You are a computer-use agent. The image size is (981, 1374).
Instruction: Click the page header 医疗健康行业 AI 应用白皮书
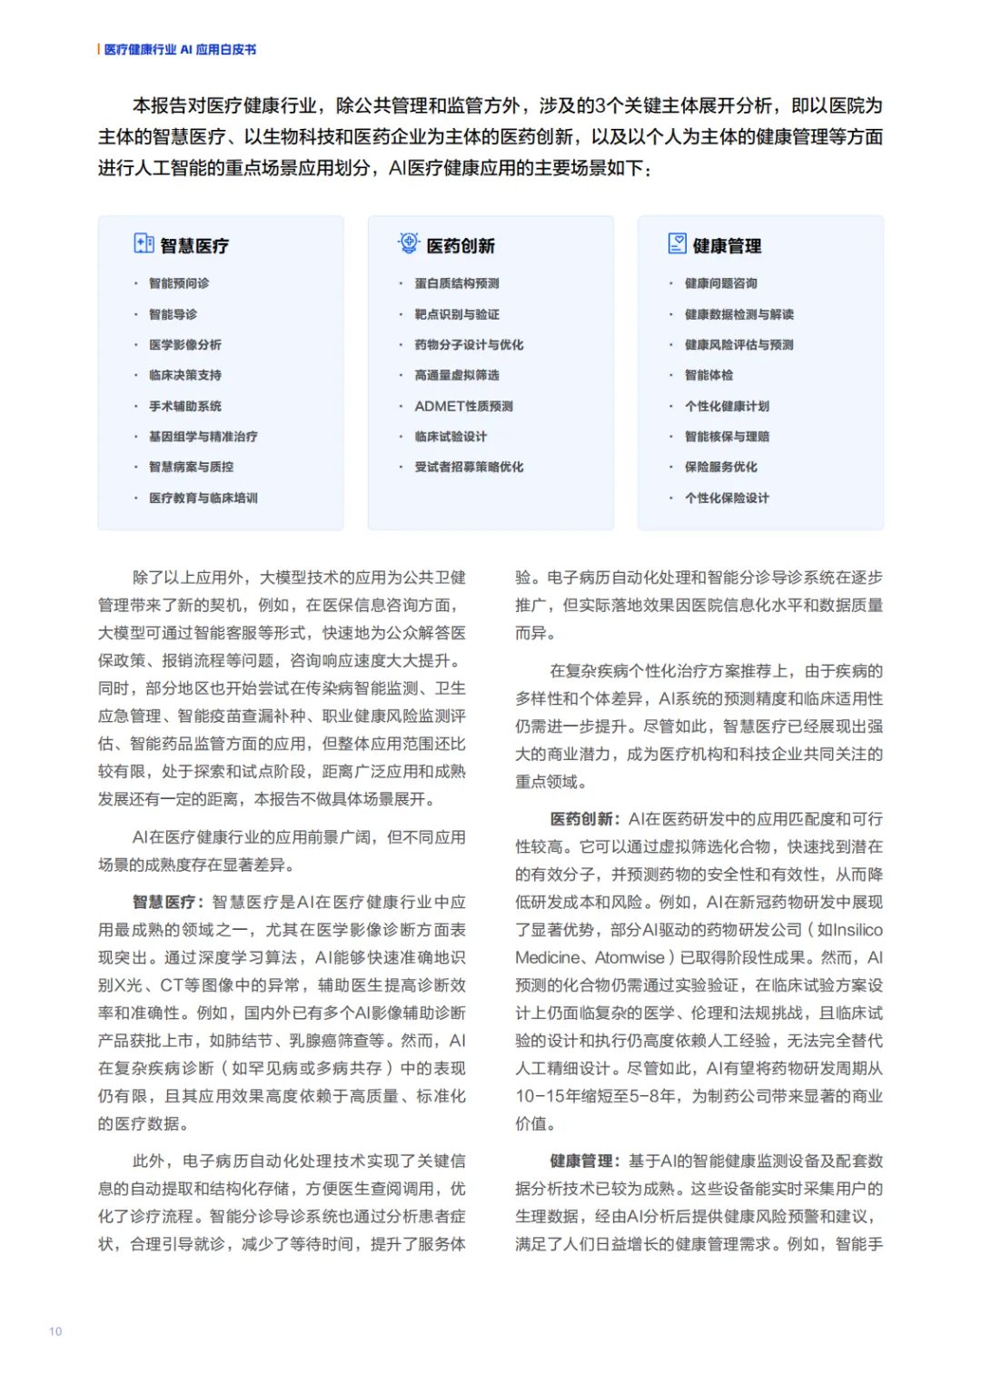[180, 50]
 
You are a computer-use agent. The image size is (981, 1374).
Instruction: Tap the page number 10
[55, 1331]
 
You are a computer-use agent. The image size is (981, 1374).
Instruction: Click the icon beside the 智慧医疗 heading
[144, 243]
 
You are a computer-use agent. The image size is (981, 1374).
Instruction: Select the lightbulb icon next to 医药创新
[409, 243]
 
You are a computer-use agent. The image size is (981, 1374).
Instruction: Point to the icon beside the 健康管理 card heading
[678, 243]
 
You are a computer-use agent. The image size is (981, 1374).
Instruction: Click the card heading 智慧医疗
[194, 246]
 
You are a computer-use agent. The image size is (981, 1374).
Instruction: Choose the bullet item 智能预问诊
[179, 283]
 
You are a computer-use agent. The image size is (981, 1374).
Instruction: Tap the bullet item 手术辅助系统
[185, 406]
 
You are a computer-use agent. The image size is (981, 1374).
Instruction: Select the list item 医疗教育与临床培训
[203, 498]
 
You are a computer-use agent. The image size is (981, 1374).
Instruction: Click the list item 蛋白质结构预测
[457, 283]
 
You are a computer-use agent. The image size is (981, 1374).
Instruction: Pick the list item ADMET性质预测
[463, 406]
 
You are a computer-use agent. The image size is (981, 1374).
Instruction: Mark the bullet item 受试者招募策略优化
[469, 467]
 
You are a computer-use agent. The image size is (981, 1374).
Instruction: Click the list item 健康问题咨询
[721, 283]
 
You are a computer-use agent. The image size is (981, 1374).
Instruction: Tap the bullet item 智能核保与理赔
[727, 437]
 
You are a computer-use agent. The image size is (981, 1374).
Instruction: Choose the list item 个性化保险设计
[727, 498]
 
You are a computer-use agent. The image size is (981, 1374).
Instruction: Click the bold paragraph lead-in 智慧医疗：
[169, 903]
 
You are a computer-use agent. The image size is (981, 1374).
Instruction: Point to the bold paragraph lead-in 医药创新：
[586, 819]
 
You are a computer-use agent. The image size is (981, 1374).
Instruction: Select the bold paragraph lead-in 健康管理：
[586, 1161]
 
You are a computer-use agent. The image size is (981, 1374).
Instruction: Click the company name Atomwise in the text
[630, 958]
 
